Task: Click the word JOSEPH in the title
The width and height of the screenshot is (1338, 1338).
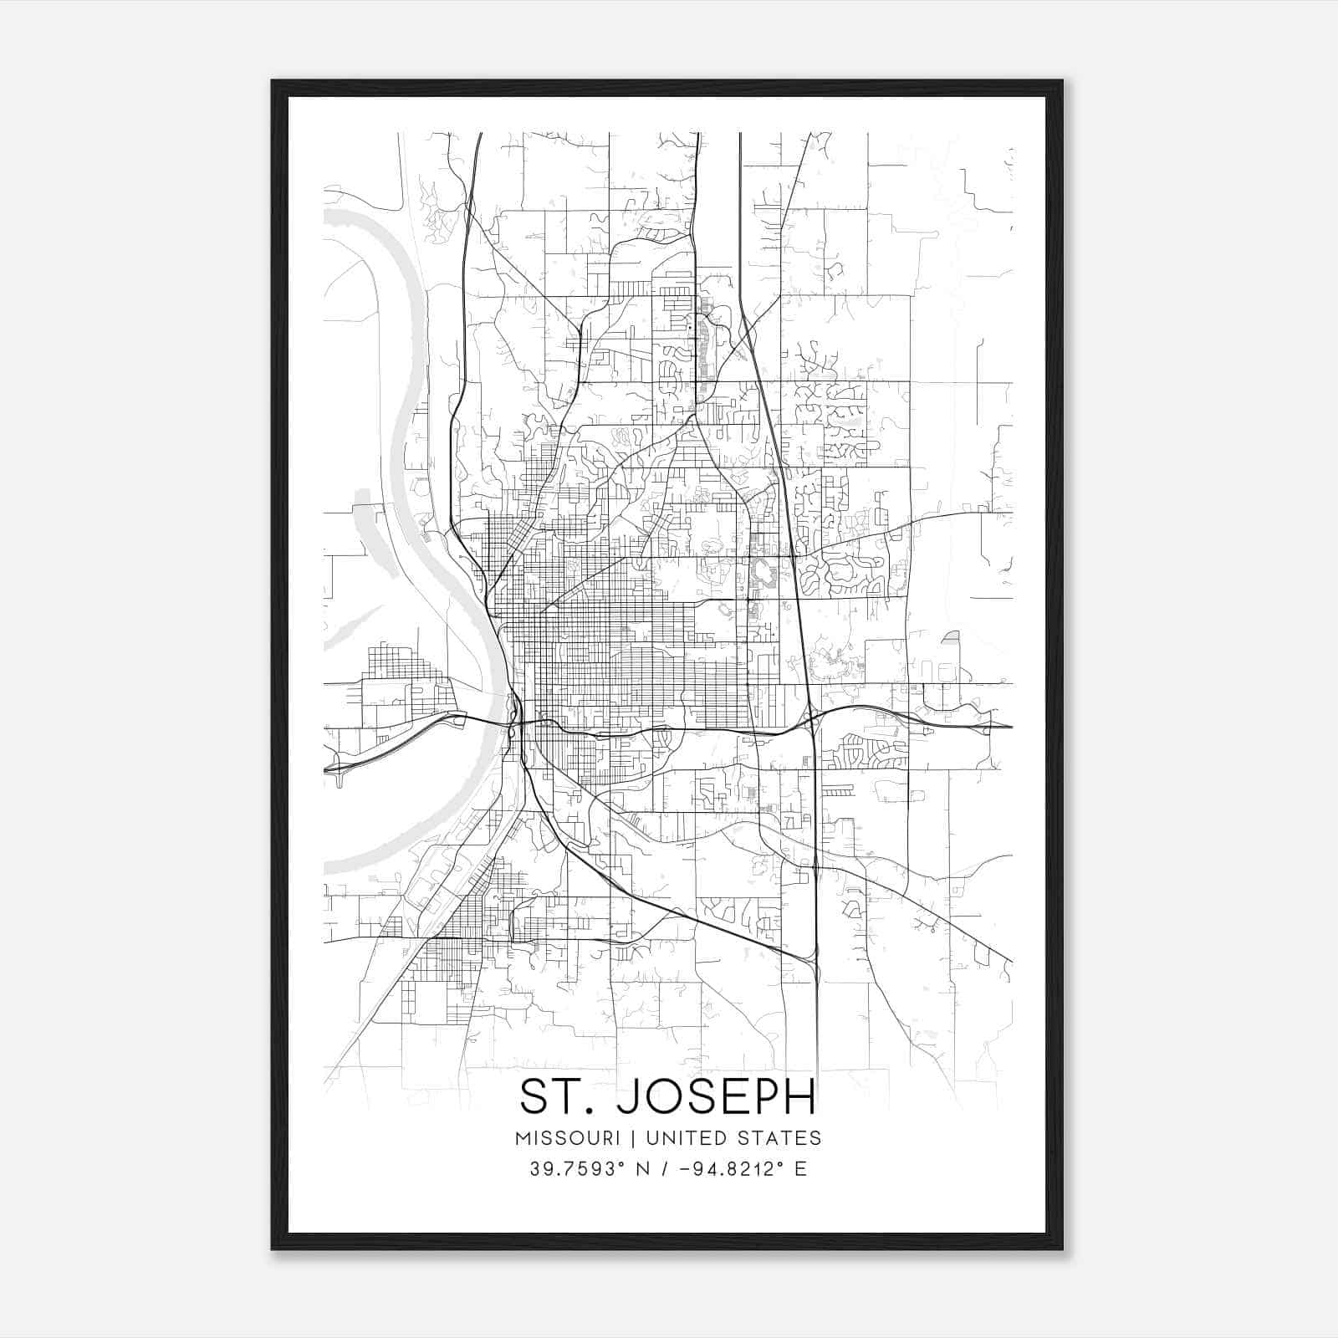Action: [716, 1097]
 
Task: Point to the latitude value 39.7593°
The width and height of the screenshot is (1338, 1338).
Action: [577, 1169]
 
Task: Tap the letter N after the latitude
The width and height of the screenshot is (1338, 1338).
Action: [642, 1169]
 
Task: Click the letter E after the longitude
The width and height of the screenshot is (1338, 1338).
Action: [800, 1169]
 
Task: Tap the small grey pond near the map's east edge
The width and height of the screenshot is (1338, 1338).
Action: [952, 637]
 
